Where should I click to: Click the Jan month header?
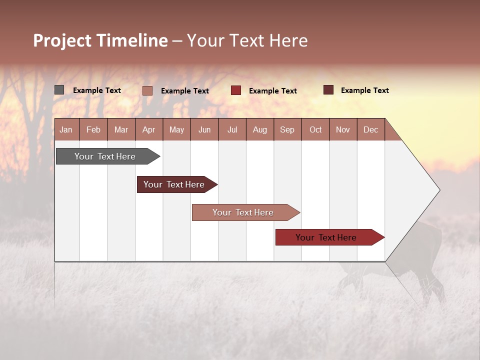(66, 129)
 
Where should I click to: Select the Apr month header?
(148, 129)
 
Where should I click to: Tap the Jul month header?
(232, 129)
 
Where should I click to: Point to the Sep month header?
(287, 129)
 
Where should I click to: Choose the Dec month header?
(370, 129)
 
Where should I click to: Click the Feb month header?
(93, 129)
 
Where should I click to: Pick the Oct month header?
(315, 129)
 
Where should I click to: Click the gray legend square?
(59, 90)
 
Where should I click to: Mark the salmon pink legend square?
(147, 90)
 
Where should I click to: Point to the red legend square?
(236, 90)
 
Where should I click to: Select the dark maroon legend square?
(328, 90)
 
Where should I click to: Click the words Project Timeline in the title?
(100, 40)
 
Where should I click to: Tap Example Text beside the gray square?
(97, 90)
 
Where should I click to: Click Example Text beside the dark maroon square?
(365, 90)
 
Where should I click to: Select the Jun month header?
(204, 129)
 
